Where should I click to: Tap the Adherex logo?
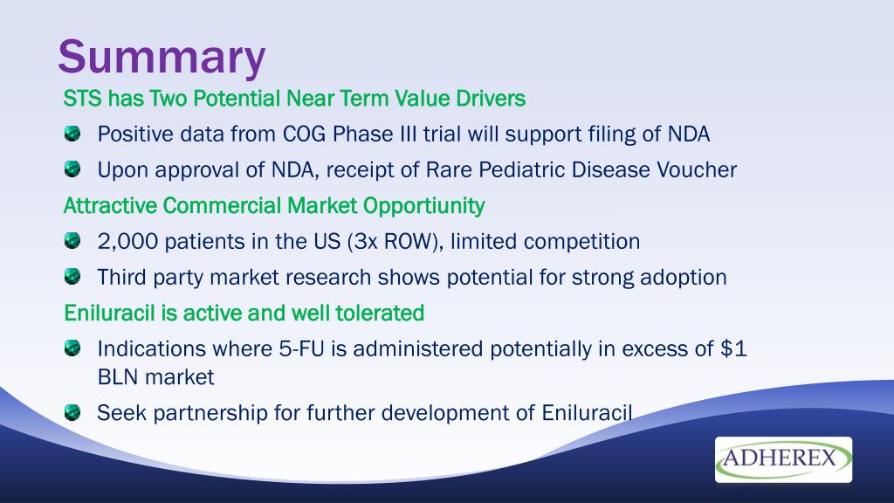pyautogui.click(x=783, y=459)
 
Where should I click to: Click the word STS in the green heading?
pyautogui.click(x=83, y=99)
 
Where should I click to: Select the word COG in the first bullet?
pyautogui.click(x=305, y=134)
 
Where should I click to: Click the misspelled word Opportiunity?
pyautogui.click(x=423, y=206)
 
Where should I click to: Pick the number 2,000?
pyautogui.click(x=127, y=242)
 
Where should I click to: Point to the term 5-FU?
pyautogui.click(x=301, y=349)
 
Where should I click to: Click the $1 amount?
pyautogui.click(x=733, y=349)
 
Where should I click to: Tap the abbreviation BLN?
pyautogui.click(x=118, y=377)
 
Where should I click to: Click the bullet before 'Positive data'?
pyautogui.click(x=72, y=134)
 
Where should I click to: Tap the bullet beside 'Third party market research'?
pyautogui.click(x=72, y=277)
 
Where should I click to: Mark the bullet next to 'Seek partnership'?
pyautogui.click(x=72, y=412)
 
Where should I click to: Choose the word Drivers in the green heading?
pyautogui.click(x=491, y=99)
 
